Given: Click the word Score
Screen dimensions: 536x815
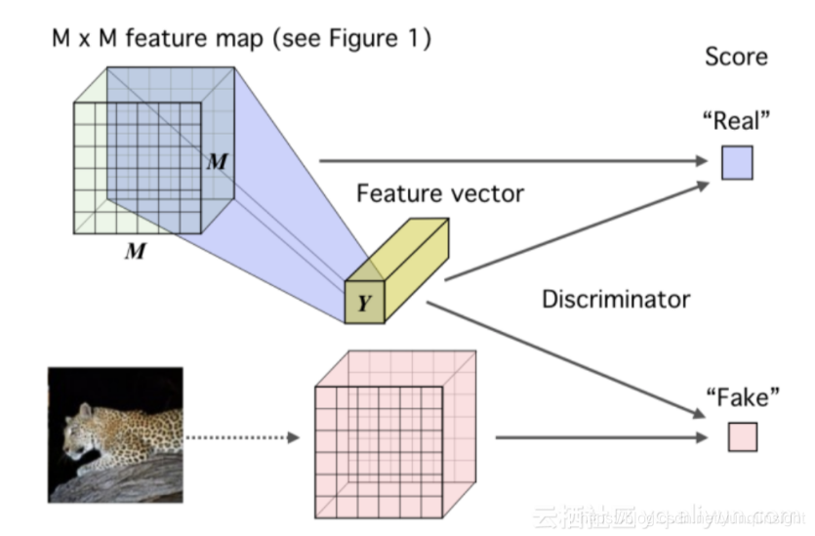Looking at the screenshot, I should [x=736, y=56].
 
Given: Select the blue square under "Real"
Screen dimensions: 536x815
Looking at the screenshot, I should [x=737, y=162].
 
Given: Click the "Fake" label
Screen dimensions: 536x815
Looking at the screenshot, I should [x=743, y=397].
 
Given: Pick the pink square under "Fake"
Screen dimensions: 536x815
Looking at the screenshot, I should [x=742, y=436].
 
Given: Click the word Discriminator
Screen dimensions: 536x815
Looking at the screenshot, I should [x=616, y=298].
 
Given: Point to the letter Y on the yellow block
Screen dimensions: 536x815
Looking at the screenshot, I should [x=364, y=304].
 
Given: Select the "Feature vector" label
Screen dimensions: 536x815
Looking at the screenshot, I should [x=439, y=192].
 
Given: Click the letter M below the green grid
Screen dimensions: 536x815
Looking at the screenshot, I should [x=136, y=252].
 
